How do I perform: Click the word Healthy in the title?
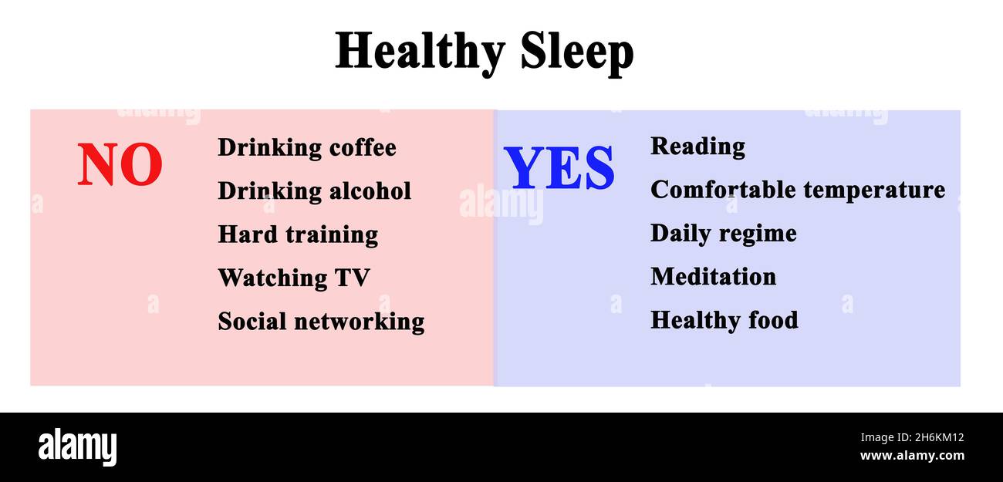tap(420, 52)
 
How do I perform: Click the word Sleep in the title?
tap(576, 52)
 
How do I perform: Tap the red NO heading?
tap(120, 166)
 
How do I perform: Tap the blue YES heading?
tap(559, 169)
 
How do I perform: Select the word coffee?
tap(363, 147)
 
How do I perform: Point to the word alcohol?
tap(369, 190)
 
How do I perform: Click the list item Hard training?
tap(298, 234)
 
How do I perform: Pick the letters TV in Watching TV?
tap(352, 278)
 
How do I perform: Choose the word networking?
tap(363, 322)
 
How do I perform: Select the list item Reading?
tap(697, 147)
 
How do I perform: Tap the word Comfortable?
tap(722, 190)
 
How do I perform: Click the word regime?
tap(762, 234)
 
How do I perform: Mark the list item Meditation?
tap(713, 276)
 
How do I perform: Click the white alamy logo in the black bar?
tap(77, 447)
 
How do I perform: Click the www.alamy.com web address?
tap(912, 456)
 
